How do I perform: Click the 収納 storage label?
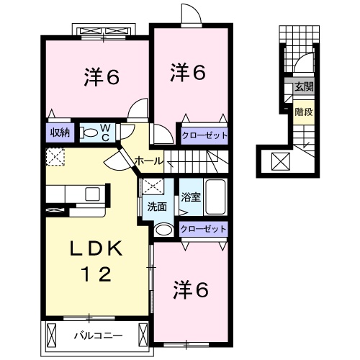60,132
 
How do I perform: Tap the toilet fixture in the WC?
89,132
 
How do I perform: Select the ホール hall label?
149,161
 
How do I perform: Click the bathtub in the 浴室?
215,197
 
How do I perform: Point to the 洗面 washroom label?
157,207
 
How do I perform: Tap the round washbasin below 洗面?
164,230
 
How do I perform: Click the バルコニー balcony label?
99,336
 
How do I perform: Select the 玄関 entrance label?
305,86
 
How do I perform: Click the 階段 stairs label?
304,112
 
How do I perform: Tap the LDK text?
96,249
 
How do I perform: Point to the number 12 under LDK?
96,274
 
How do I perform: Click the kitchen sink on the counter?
92,194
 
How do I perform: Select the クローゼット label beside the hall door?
204,135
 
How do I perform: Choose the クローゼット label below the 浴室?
204,229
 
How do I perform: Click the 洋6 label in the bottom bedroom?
191,290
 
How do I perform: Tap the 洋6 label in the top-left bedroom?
102,77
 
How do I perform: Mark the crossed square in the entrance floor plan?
281,161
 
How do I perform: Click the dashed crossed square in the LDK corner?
55,157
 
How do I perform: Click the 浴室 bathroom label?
191,197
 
